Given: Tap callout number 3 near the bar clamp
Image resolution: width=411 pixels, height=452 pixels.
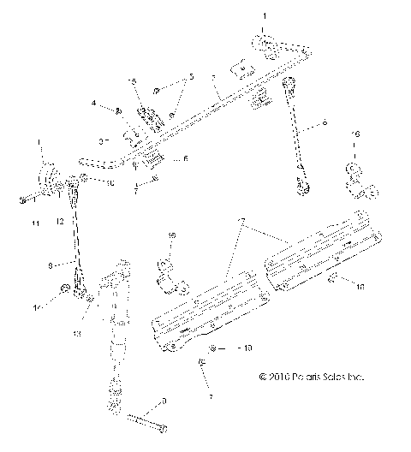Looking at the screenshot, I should click(x=100, y=139).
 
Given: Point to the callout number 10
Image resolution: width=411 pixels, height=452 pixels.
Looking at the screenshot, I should click(x=110, y=182).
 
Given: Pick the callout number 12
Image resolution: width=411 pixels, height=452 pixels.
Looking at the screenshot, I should click(x=60, y=222).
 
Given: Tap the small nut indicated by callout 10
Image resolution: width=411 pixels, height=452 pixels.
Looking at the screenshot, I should click(x=85, y=180).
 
